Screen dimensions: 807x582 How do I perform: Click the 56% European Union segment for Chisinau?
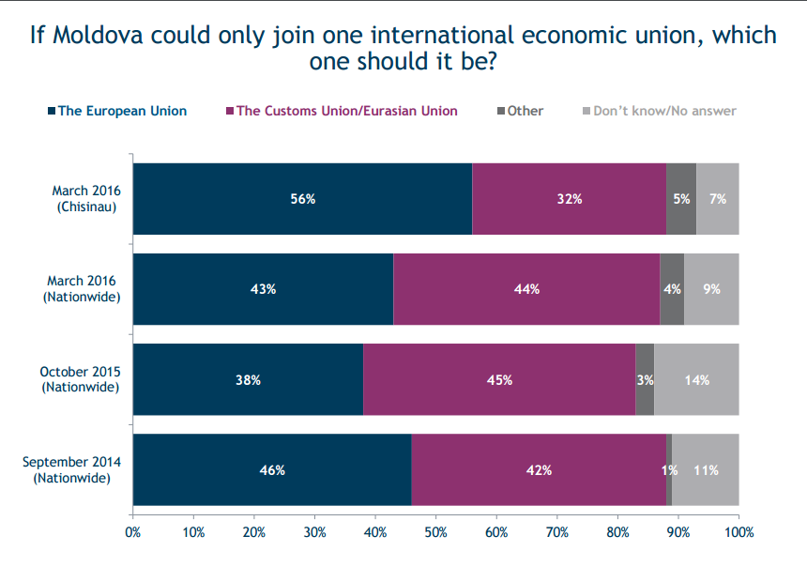pos(302,199)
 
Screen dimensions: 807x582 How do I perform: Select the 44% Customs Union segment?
pos(526,289)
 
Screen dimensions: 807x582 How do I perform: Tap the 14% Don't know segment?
pos(696,379)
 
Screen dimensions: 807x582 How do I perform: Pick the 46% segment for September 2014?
pos(272,469)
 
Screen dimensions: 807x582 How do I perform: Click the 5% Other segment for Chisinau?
pos(681,199)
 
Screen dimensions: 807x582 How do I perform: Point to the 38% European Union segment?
pos(248,379)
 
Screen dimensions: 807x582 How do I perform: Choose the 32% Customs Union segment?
pos(570,199)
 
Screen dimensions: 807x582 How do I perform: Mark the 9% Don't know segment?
pos(712,289)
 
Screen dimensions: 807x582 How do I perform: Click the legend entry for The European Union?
pos(117,111)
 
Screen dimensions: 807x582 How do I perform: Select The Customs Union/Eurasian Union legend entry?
pos(342,111)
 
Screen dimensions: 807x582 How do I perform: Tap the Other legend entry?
pos(520,111)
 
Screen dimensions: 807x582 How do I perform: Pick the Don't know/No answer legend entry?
pos(660,111)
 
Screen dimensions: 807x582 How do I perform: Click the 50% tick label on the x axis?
pos(436,532)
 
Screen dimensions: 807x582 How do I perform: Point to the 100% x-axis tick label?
pos(739,532)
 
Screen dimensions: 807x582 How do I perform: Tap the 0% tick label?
pos(133,532)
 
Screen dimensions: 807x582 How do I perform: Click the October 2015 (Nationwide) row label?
pos(81,379)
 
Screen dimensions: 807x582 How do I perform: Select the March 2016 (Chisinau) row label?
pos(86,199)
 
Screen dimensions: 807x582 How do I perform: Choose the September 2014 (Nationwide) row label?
pos(71,469)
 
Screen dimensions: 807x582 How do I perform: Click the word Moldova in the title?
pos(99,36)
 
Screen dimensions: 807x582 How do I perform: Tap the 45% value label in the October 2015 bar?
pos(499,380)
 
